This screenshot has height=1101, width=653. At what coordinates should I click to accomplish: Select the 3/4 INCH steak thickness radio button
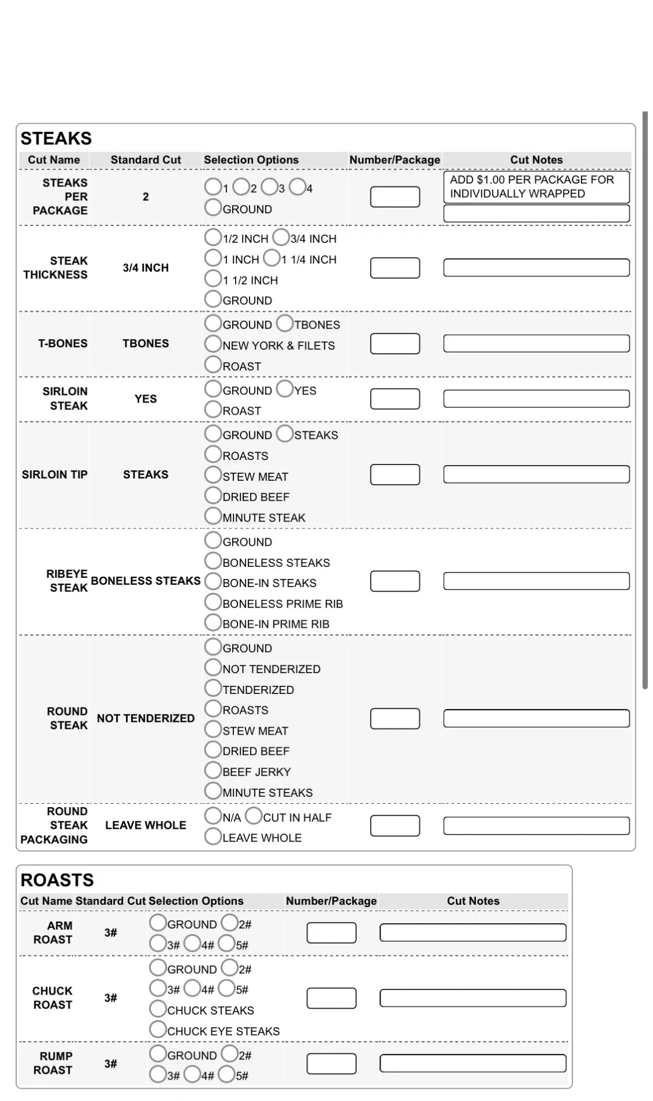click(281, 238)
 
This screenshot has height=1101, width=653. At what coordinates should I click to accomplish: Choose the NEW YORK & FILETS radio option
click(213, 344)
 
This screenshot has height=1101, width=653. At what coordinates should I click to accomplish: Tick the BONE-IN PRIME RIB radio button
click(213, 623)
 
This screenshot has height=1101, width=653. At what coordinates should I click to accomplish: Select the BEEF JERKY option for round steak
click(213, 771)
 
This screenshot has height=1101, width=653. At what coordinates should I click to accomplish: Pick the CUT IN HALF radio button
click(254, 816)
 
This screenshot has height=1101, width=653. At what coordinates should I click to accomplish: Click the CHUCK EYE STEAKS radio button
click(158, 1030)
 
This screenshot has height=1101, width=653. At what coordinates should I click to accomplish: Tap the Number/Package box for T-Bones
click(395, 344)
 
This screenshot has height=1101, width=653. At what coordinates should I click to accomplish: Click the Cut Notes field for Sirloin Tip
click(536, 474)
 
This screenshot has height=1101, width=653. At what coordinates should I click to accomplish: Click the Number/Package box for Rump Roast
click(331, 1063)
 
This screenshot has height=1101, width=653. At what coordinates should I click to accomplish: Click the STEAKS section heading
click(56, 138)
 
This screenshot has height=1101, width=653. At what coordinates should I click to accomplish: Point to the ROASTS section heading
click(57, 880)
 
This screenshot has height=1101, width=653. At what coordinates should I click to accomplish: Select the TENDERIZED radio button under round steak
click(213, 689)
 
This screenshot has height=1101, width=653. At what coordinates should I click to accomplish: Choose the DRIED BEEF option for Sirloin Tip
click(213, 496)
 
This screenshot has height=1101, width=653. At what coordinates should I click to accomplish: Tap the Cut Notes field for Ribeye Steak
click(536, 581)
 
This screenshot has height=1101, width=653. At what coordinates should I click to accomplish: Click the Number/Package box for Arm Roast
click(331, 933)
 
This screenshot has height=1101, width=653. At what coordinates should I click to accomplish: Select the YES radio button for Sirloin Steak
click(285, 389)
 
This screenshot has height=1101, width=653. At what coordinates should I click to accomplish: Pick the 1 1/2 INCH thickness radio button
click(213, 279)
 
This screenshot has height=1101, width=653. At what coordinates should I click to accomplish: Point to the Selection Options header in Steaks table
click(251, 160)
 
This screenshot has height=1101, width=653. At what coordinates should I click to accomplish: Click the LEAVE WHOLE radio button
click(213, 837)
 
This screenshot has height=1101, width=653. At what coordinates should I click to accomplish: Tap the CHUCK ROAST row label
click(52, 998)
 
